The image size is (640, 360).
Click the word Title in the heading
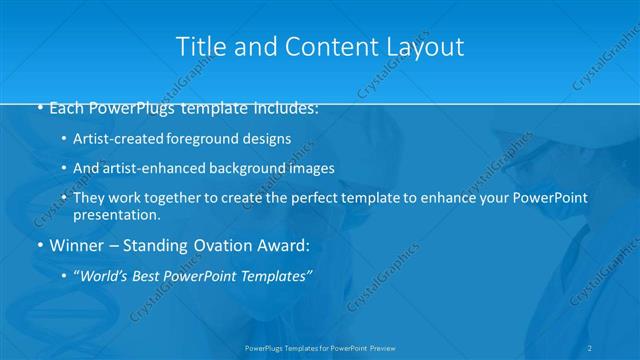(x=198, y=47)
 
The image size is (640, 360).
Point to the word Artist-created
(x=114, y=138)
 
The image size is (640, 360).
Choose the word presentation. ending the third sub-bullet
(x=117, y=214)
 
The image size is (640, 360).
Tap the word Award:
(x=283, y=245)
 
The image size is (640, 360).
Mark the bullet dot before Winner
(x=38, y=245)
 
